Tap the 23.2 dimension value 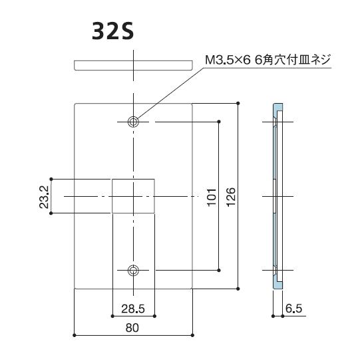(x=43, y=196)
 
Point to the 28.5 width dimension (x=134, y=308)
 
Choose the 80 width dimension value (x=134, y=327)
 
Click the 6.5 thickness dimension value (x=293, y=308)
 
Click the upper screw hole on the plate (x=134, y=121)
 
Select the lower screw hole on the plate (x=134, y=270)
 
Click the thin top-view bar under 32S (x=134, y=64)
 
